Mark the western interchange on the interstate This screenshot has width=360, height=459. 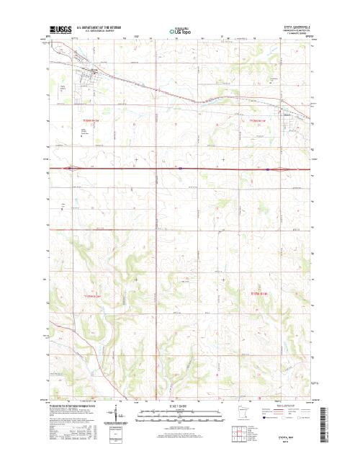pos(71,169)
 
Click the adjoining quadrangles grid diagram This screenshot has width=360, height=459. pos(236,434)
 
